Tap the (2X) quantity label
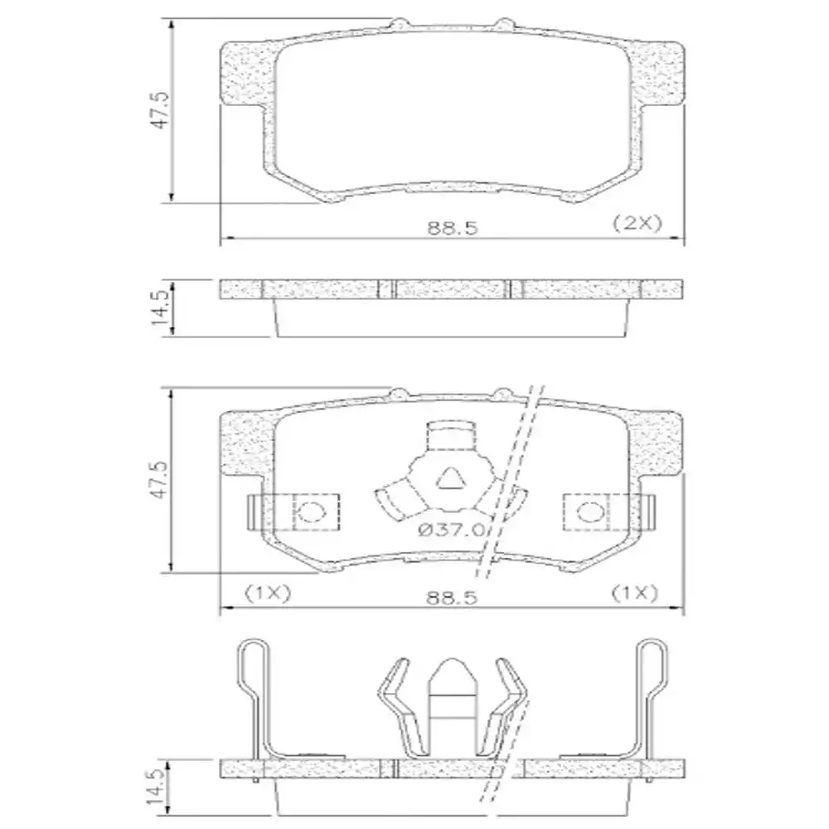tap(634, 223)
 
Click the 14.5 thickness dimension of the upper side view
tap(162, 308)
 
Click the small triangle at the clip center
tap(451, 478)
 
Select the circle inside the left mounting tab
tap(312, 511)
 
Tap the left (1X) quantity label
tap(265, 593)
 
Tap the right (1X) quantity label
tap(634, 593)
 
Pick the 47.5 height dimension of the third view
tap(163, 479)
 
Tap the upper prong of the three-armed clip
tap(452, 437)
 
